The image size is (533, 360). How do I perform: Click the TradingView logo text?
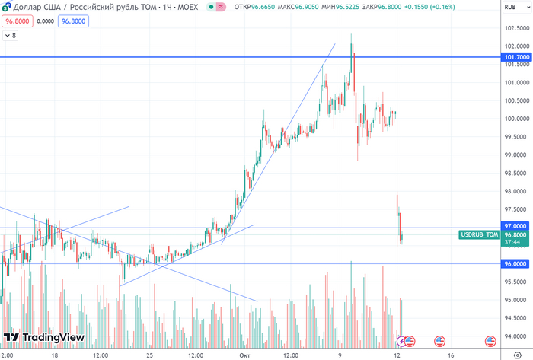(53, 337)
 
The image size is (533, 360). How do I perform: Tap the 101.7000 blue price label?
(515, 57)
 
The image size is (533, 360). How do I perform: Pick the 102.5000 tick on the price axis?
(515, 30)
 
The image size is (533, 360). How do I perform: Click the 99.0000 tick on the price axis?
(515, 155)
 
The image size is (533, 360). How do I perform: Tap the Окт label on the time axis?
(244, 355)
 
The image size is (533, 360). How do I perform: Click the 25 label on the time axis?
(149, 355)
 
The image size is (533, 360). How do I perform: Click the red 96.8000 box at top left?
(16, 21)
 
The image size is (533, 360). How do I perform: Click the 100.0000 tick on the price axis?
(515, 119)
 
